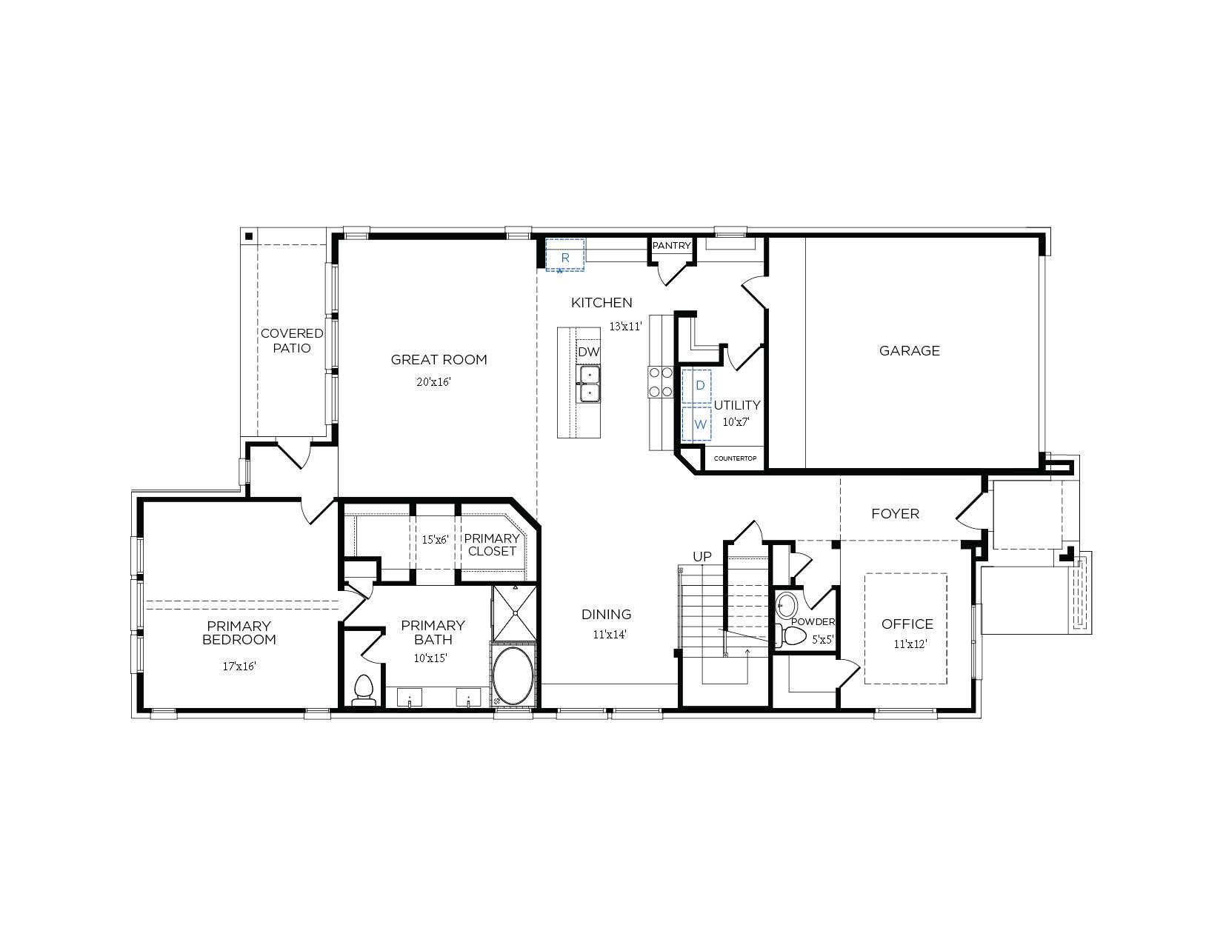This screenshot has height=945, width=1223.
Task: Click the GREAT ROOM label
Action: (x=439, y=360)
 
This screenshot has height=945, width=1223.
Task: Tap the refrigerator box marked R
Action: (x=565, y=255)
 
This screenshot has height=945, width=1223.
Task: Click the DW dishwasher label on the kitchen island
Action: (x=588, y=352)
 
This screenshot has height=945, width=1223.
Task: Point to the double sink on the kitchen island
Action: (x=590, y=384)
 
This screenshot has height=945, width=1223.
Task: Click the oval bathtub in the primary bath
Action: (x=513, y=675)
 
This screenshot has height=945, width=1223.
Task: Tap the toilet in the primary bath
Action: (x=363, y=689)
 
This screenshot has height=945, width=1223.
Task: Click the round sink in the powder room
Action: (x=785, y=606)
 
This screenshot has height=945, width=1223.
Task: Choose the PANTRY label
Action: (x=671, y=246)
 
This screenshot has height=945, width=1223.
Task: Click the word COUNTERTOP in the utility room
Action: (x=734, y=459)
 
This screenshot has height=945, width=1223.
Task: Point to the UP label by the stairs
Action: (x=702, y=556)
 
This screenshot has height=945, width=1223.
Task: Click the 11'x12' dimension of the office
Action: (x=910, y=644)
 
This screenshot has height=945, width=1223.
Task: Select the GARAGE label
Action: (x=909, y=351)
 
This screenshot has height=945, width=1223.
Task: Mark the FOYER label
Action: (x=895, y=514)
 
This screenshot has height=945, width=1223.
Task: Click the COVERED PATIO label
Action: (x=292, y=341)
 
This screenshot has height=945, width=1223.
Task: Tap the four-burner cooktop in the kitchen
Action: (x=660, y=382)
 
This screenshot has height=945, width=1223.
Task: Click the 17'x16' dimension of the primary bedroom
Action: (x=239, y=667)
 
